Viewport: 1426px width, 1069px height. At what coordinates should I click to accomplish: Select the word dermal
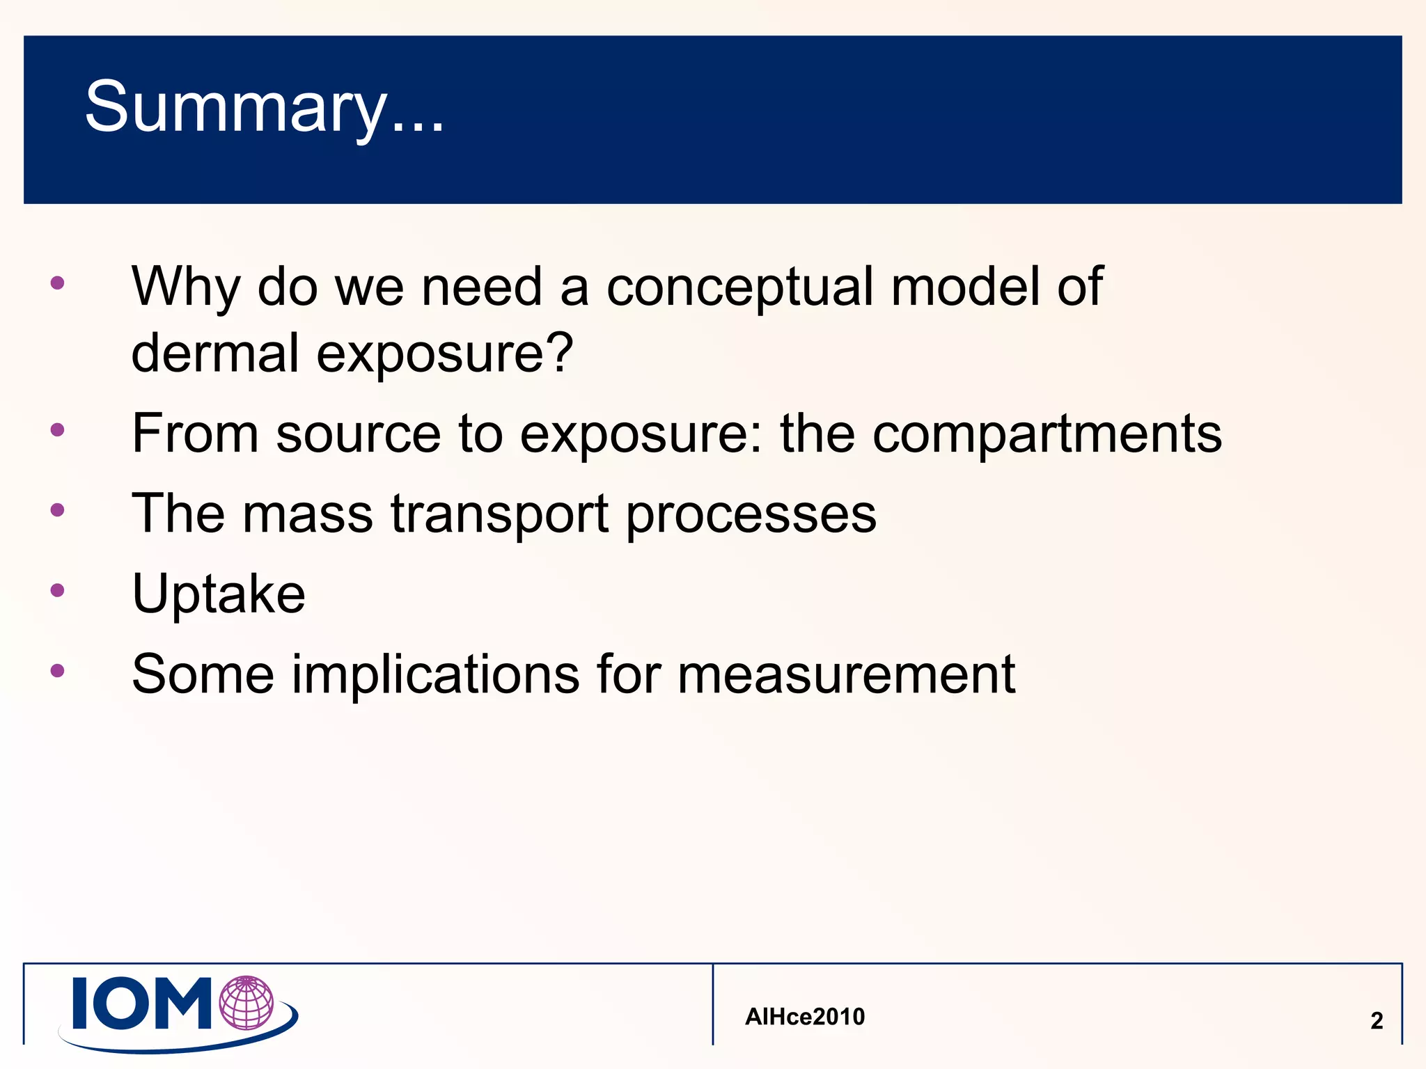coord(215,353)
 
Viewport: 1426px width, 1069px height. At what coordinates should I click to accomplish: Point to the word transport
coord(499,515)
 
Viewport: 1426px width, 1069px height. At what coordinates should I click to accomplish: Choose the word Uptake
coord(219,594)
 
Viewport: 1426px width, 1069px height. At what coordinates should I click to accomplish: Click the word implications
coord(435,674)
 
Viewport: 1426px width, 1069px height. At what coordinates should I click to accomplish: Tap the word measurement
coord(846,674)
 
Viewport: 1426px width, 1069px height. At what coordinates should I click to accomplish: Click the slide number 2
coord(1377,1020)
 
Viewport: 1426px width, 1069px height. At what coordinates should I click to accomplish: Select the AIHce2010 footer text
coord(805,1017)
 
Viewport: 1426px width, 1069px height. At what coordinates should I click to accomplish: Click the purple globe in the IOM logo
coord(246,1003)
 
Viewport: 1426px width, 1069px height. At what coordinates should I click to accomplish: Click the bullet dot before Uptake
coord(58,591)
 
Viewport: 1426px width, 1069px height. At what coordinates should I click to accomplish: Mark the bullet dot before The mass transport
coord(58,510)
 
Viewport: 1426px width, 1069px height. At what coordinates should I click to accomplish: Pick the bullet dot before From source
coord(58,430)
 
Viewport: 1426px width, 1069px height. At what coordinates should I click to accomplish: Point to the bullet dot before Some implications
coord(58,671)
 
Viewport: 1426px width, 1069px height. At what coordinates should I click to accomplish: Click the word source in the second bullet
coord(359,434)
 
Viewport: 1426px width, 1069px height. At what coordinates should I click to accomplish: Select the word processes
coord(751,515)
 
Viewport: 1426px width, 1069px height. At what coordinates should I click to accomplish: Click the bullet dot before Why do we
coord(58,283)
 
